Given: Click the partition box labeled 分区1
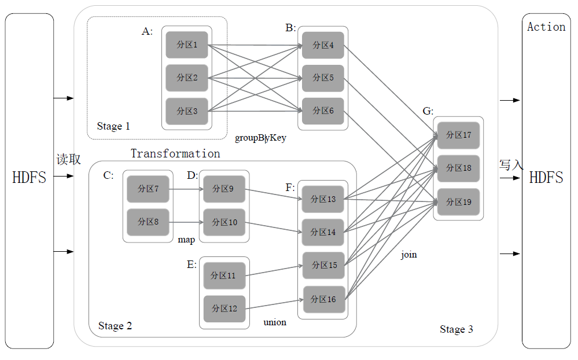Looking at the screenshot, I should pyautogui.click(x=187, y=45).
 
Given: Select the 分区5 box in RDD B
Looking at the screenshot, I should pyautogui.click(x=323, y=78).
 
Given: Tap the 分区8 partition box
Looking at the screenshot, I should pyautogui.click(x=148, y=222).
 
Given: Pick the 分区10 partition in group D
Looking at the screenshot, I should pyautogui.click(x=224, y=222).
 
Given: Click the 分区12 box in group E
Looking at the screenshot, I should pyautogui.click(x=224, y=308).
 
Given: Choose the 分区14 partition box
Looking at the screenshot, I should pyautogui.click(x=323, y=232).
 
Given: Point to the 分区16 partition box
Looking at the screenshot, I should pyautogui.click(x=323, y=299).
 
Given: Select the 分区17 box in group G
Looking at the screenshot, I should pyautogui.click(x=458, y=135).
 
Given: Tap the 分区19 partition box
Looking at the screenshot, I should pyautogui.click(x=458, y=202).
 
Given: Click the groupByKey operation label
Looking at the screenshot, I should pyautogui.click(x=260, y=138).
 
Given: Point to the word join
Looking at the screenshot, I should pyautogui.click(x=408, y=255).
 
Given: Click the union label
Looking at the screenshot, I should pyautogui.click(x=275, y=322).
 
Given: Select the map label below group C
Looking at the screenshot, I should pyautogui.click(x=186, y=240).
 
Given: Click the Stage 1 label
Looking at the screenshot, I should pyautogui.click(x=113, y=126).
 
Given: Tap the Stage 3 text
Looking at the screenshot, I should pyautogui.click(x=456, y=329).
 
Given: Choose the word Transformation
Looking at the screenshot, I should pyautogui.click(x=175, y=153).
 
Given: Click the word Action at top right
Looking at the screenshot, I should pyautogui.click(x=546, y=27).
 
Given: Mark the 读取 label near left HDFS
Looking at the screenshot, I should pyautogui.click(x=68, y=160).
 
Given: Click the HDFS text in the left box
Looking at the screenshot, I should pyautogui.click(x=29, y=178).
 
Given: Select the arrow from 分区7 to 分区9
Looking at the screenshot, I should pyautogui.click(x=186, y=189).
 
